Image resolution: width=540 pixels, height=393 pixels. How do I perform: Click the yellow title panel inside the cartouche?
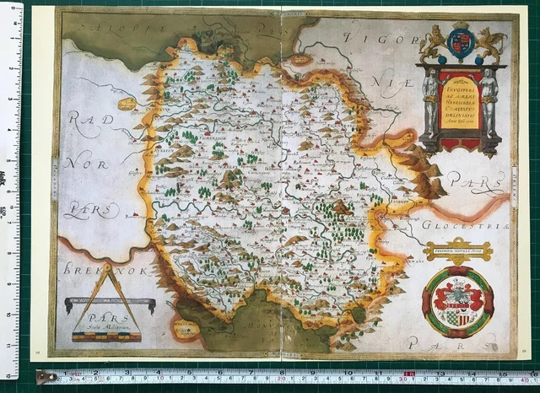pos(460,103)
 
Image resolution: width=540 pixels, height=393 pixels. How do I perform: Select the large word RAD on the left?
pos(91,120)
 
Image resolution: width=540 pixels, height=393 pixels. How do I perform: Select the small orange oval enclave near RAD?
pos(128,103)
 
